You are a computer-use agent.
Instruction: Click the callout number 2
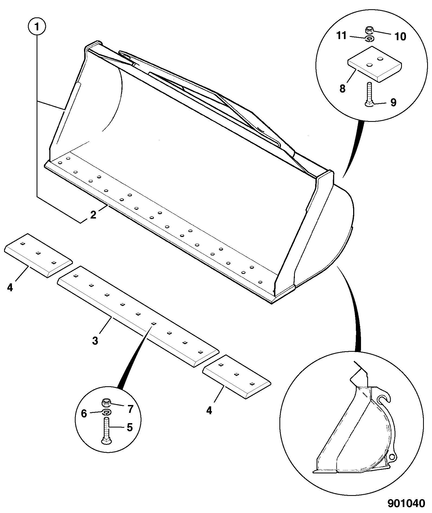tap(93, 215)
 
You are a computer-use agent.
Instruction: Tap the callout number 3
tap(95, 341)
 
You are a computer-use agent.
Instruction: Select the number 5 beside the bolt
tap(130, 428)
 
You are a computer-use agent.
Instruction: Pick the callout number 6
tap(84, 414)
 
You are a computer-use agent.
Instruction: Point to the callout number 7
tap(130, 409)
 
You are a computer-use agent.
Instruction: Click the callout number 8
tap(343, 88)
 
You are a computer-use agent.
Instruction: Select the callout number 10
tap(400, 37)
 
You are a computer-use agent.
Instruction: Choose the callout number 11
tap(341, 35)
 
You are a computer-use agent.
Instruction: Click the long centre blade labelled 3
tap(138, 317)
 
